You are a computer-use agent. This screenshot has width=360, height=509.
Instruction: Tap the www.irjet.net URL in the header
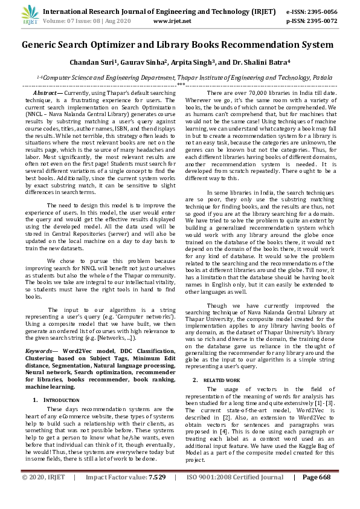coord(172,21)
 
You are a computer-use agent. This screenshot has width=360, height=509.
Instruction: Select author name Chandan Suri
coord(93,62)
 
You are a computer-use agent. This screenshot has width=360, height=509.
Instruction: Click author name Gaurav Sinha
coord(144,62)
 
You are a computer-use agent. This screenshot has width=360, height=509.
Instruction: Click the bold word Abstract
coord(46,92)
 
